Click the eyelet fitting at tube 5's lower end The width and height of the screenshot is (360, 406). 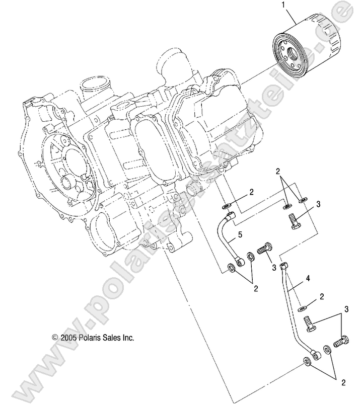pyautogui.click(x=240, y=261)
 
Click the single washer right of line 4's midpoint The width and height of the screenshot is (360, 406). pyautogui.click(x=301, y=306)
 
